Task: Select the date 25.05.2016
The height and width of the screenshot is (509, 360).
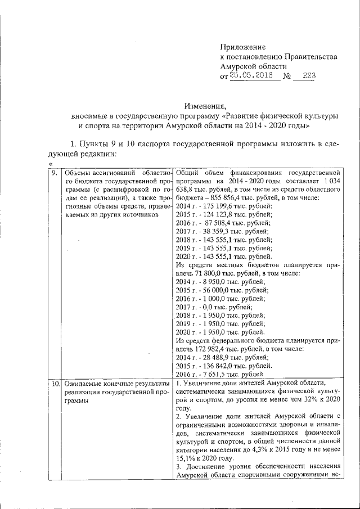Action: [x=254, y=76]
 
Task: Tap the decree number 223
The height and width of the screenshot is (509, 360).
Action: [x=309, y=76]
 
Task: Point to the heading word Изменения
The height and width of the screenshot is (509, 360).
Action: [x=205, y=105]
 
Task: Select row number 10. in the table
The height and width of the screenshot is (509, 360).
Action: [x=55, y=384]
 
